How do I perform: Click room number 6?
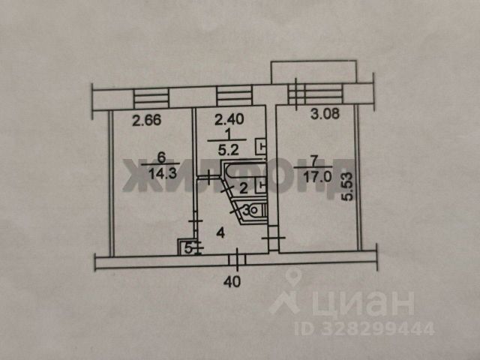(x=161, y=158)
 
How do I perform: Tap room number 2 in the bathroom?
(x=243, y=188)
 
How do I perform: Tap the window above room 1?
(x=233, y=96)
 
